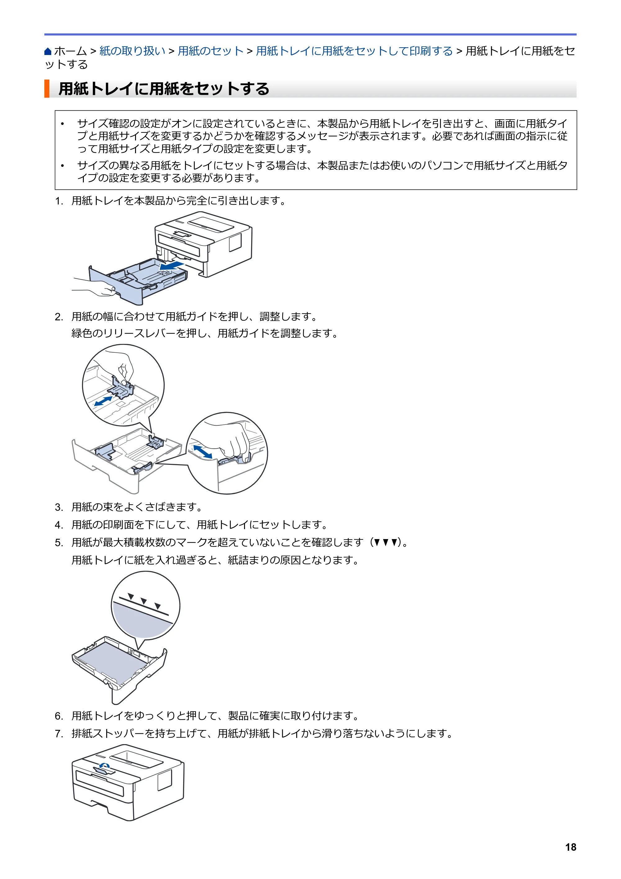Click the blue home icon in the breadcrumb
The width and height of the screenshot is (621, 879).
[x=48, y=51]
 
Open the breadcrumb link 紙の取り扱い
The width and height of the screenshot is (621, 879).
[x=132, y=51]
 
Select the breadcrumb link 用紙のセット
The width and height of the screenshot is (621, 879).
[x=211, y=51]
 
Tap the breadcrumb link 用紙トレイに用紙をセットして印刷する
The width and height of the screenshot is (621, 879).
[x=354, y=51]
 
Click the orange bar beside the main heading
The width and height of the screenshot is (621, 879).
[x=47, y=89]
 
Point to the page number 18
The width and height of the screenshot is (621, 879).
[x=570, y=847]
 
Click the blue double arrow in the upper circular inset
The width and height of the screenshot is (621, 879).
[x=103, y=401]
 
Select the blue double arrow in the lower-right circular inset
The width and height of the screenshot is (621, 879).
[x=203, y=451]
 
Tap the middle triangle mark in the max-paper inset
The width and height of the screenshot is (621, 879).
[x=143, y=601]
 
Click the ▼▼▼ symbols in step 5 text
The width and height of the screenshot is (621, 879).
[x=385, y=543]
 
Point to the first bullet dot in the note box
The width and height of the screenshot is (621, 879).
[x=62, y=124]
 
